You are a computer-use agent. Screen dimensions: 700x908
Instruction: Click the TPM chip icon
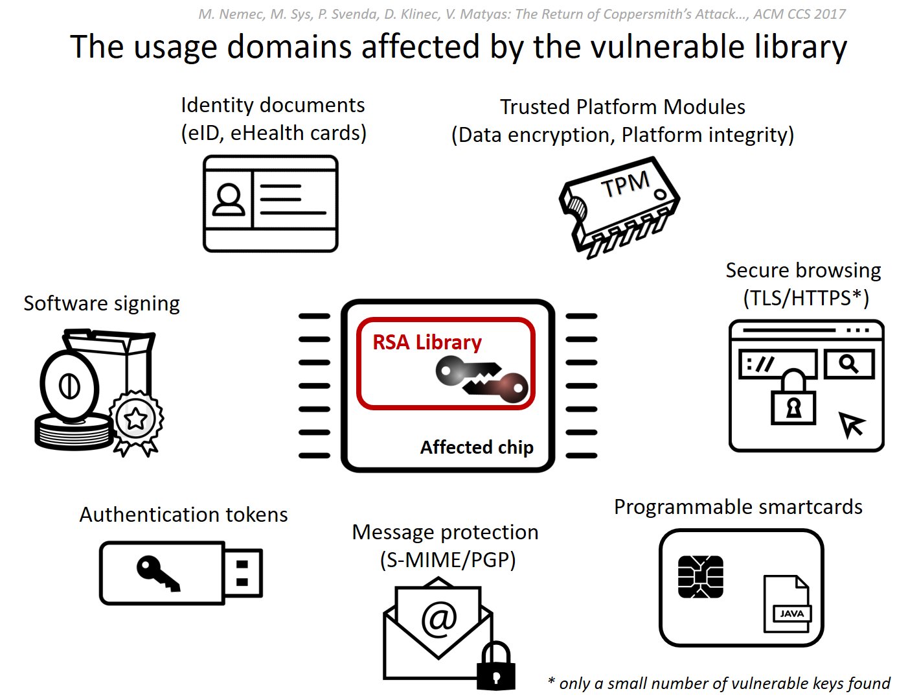pos(619,206)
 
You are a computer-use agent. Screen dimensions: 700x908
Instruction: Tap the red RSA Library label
pos(427,342)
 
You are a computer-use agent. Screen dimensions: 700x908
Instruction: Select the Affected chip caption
pos(477,447)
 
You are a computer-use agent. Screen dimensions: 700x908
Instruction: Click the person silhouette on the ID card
pos(229,200)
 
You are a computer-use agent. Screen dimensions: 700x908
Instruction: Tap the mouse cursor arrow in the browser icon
pos(851,425)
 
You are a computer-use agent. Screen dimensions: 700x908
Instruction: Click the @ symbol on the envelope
pos(439,618)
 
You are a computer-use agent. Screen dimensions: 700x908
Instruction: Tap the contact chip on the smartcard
pos(700,576)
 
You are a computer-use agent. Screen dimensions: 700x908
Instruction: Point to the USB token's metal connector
pos(243,573)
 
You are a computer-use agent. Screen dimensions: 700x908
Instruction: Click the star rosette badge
pos(136,420)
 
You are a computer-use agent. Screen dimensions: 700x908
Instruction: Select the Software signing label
pos(102,303)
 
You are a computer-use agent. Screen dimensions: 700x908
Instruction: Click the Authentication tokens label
pos(183,515)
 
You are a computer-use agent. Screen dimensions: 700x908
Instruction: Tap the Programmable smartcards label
pos(738,507)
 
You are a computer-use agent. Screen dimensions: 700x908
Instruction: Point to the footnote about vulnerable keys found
pos(719,683)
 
